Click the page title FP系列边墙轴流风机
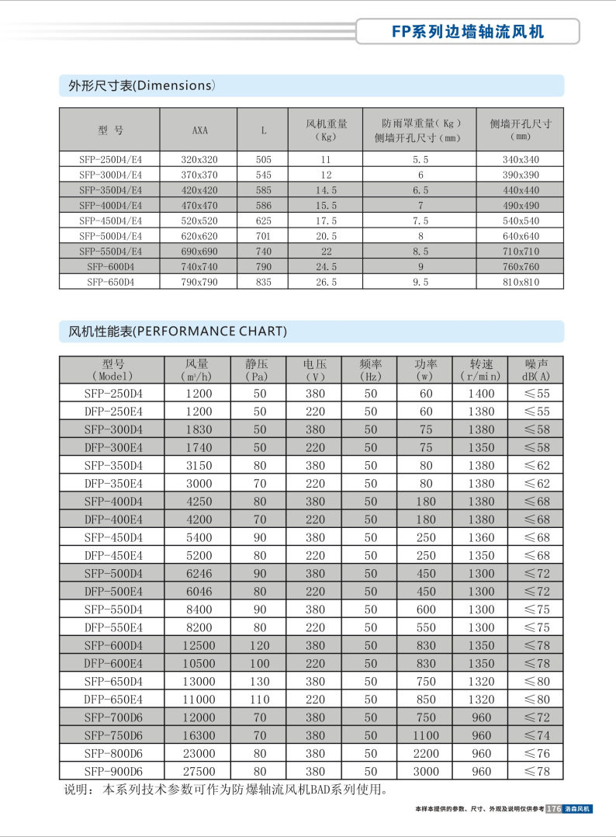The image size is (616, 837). pos(467,31)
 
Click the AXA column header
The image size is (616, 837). pos(199,130)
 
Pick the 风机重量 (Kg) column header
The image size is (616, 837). pos(327,130)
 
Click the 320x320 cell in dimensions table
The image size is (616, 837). pos(199,159)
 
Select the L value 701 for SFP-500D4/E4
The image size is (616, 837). pos(264,236)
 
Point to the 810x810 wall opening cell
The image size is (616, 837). pos(521,282)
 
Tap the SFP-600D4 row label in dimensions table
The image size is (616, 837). pos(111,266)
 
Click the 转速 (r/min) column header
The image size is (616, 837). pos(482,369)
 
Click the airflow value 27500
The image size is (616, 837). pos(199,772)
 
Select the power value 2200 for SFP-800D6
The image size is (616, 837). pos(426,753)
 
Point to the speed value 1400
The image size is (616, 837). pos(481,394)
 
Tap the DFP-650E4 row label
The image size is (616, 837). pos(113,699)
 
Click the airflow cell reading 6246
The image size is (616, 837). pos(199,573)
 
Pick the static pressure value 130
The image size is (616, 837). pos(260,681)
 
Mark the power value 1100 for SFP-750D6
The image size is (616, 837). pos(426,735)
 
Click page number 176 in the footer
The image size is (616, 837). pos(554,809)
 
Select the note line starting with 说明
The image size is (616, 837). pos(224,790)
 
